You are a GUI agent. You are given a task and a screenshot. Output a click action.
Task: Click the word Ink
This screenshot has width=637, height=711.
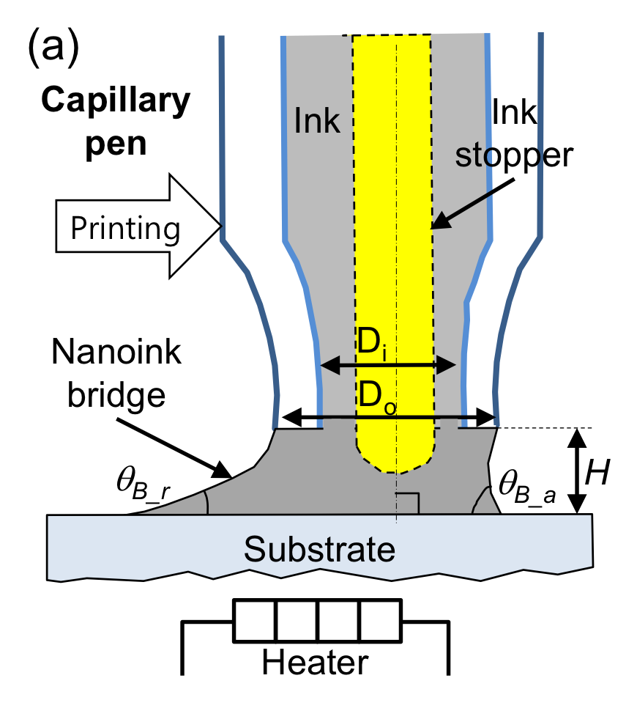pyautogui.click(x=317, y=121)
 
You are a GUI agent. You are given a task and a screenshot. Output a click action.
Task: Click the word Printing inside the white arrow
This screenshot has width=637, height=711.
pyautogui.click(x=125, y=229)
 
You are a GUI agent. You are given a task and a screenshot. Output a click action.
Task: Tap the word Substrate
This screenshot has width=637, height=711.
pyautogui.click(x=319, y=549)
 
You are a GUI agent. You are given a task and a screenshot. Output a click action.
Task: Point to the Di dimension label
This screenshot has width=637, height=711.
pyautogui.click(x=371, y=343)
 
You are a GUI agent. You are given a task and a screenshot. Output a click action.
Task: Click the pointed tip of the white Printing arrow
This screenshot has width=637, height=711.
pyautogui.click(x=219, y=226)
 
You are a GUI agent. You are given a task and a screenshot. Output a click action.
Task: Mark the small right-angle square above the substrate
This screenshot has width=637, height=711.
pyautogui.click(x=408, y=503)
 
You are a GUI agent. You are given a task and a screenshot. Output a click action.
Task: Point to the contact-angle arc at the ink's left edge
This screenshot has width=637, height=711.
pyautogui.click(x=206, y=502)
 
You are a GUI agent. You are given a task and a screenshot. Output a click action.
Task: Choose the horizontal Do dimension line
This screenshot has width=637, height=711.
pyautogui.click(x=392, y=418)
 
